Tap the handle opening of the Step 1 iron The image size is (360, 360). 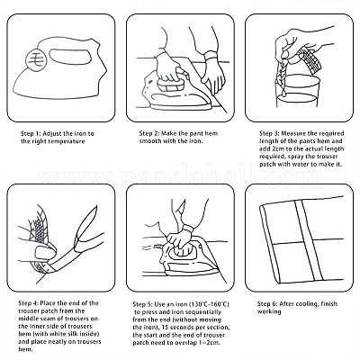[70, 56]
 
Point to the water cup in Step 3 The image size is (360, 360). [297, 91]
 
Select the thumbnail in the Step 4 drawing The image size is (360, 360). [43, 253]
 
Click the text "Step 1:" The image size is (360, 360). [31, 133]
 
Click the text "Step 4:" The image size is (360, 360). [29, 303]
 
